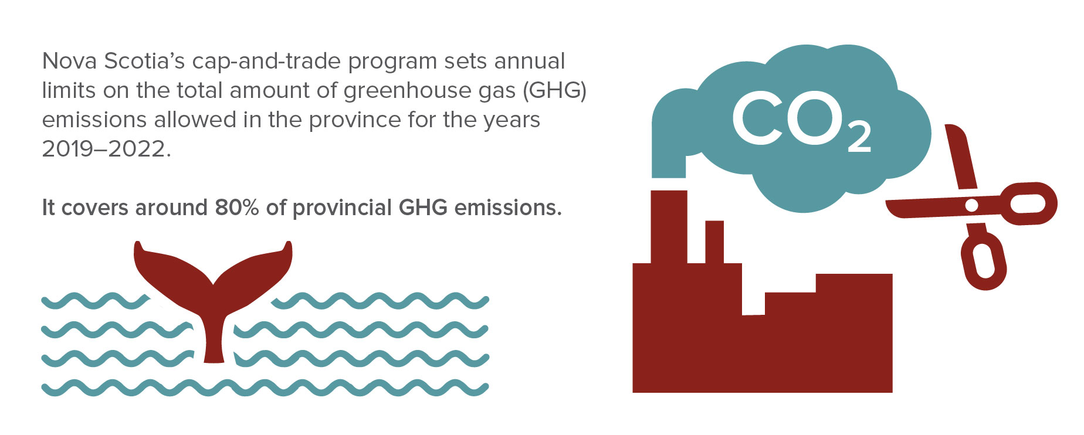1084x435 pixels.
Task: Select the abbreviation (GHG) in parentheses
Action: pyautogui.click(x=554, y=91)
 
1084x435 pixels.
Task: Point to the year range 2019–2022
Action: pyautogui.click(x=107, y=149)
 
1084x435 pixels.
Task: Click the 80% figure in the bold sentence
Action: pyautogui.click(x=237, y=208)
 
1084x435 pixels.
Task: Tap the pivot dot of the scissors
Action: pyautogui.click(x=971, y=205)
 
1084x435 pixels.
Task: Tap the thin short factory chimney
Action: pyautogui.click(x=714, y=242)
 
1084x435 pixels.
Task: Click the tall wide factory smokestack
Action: pyautogui.click(x=669, y=227)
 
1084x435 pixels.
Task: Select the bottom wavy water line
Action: pyautogui.click(x=265, y=388)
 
